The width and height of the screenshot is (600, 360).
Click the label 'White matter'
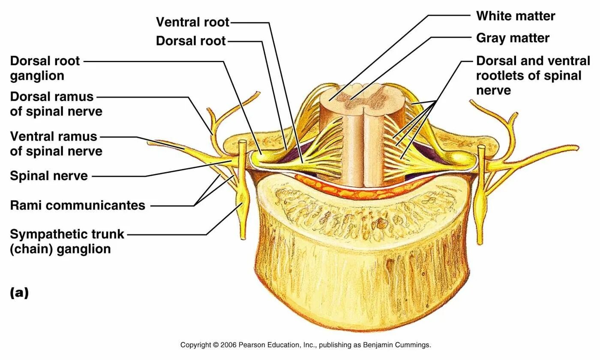(x=516, y=16)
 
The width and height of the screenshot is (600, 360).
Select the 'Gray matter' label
(x=513, y=38)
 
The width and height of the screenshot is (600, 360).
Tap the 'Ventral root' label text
(x=192, y=21)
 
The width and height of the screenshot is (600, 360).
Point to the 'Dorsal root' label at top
(x=191, y=41)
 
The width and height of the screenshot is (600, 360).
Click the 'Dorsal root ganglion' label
(x=45, y=68)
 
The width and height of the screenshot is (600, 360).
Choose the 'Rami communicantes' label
(x=78, y=205)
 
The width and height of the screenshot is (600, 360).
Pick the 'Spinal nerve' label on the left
(x=49, y=175)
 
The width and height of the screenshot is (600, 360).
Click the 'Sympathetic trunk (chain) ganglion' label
(x=67, y=241)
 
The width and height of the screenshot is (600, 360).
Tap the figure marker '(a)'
(x=19, y=293)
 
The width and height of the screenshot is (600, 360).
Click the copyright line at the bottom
(x=306, y=345)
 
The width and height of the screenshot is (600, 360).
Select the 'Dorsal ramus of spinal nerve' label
(x=56, y=104)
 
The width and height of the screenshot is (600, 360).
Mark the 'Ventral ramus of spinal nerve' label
(x=56, y=144)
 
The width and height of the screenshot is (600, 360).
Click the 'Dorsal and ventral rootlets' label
(x=533, y=75)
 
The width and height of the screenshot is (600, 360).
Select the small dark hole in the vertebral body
(x=380, y=222)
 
